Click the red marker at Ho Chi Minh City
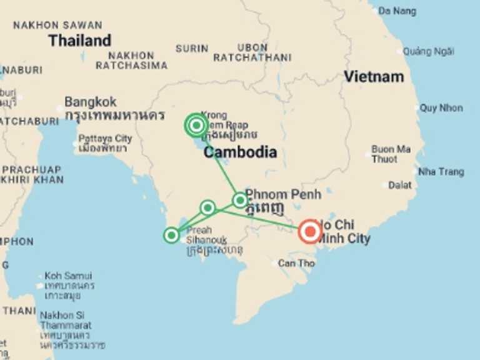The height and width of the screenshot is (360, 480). click(309, 232)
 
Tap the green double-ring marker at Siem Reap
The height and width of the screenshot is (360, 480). click(196, 126)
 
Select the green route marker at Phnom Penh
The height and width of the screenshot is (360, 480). click(240, 200)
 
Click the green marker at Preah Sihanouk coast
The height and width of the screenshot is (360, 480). click(171, 235)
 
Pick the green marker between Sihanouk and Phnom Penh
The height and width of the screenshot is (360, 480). click(207, 207)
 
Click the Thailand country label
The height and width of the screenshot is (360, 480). click(80, 41)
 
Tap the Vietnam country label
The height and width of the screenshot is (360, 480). click(374, 77)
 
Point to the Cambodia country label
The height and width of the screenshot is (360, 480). click(241, 152)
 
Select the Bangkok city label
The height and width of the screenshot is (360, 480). click(91, 101)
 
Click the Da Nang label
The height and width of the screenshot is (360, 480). click(397, 11)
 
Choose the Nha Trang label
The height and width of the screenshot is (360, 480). click(441, 172)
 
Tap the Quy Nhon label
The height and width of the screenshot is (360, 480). click(441, 108)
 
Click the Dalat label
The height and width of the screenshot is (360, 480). click(400, 185)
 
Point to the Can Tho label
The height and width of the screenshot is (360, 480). click(297, 263)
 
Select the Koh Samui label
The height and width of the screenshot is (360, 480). click(68, 276)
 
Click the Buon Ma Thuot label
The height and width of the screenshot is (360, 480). click(391, 154)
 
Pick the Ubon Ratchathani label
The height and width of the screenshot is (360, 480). click(252, 52)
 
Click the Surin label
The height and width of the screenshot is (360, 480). click(192, 48)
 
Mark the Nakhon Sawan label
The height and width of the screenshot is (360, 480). click(57, 26)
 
